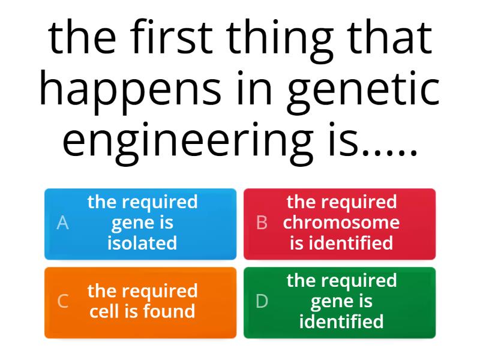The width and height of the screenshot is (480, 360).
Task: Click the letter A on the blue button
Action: [62, 223]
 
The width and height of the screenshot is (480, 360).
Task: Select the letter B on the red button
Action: [262, 223]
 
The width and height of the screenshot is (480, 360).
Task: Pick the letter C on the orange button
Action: [62, 302]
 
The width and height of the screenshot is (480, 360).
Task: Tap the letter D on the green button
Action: [262, 302]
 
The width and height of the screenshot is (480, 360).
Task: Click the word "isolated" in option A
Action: [142, 243]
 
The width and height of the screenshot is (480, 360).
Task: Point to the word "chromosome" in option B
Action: [341, 223]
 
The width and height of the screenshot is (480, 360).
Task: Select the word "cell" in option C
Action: [104, 311]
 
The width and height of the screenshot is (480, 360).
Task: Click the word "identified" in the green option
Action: [341, 322]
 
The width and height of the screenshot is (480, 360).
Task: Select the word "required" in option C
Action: [159, 291]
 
